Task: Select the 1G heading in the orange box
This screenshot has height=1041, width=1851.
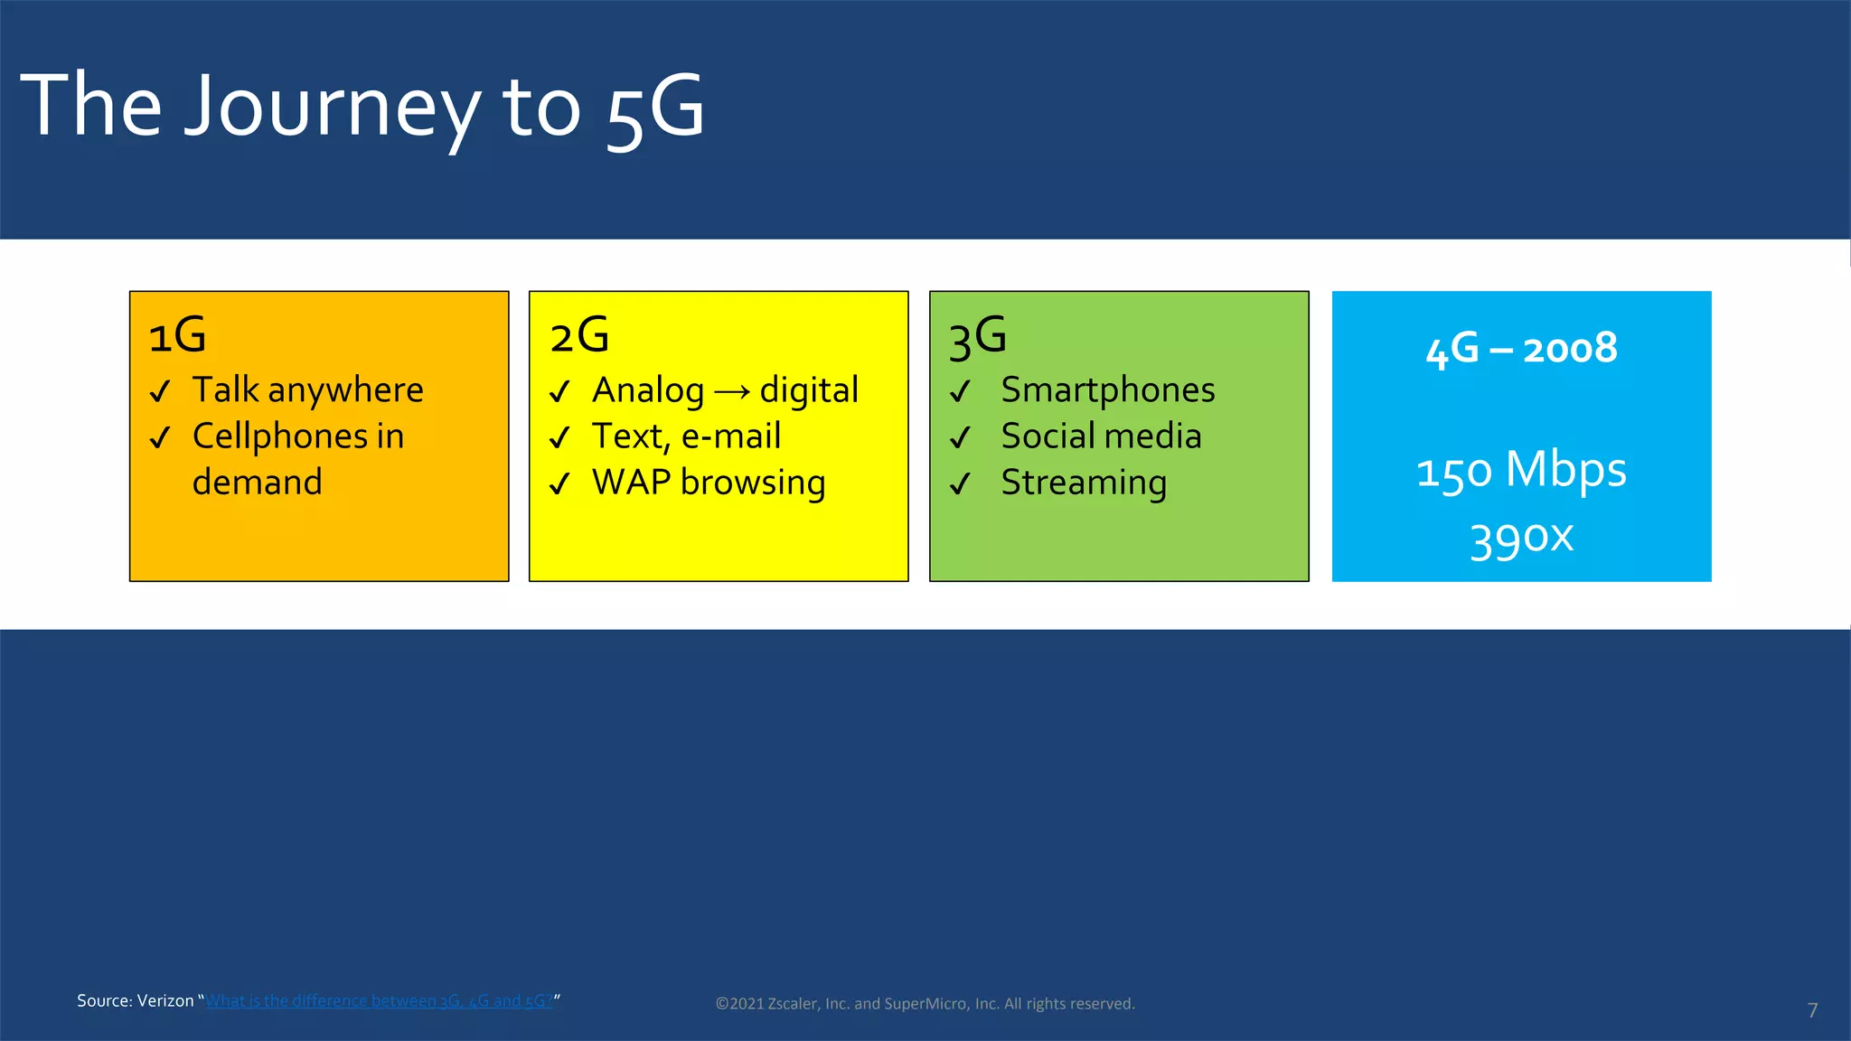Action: [x=177, y=335]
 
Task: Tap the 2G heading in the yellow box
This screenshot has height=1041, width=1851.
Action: [x=579, y=335]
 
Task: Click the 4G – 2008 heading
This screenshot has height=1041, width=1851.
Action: [x=1521, y=349]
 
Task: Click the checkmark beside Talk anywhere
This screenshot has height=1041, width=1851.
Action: [x=160, y=391]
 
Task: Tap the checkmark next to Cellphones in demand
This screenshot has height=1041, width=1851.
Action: [x=160, y=437]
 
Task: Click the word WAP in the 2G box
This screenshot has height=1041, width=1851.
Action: [x=631, y=482]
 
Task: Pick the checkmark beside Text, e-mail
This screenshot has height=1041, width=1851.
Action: [x=559, y=437]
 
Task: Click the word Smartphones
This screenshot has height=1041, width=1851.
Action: [x=1107, y=390]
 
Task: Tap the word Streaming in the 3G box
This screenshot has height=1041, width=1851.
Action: [x=1084, y=483]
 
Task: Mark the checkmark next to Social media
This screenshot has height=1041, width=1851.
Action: [x=960, y=437]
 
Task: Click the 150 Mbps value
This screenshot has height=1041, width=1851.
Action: [x=1521, y=471]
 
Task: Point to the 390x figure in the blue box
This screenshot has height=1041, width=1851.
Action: [x=1521, y=539]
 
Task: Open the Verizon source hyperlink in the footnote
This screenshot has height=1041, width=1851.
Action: [x=379, y=1000]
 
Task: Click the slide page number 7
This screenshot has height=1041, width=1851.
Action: [x=1812, y=1010]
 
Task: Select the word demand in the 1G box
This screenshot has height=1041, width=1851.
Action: [x=258, y=483]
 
